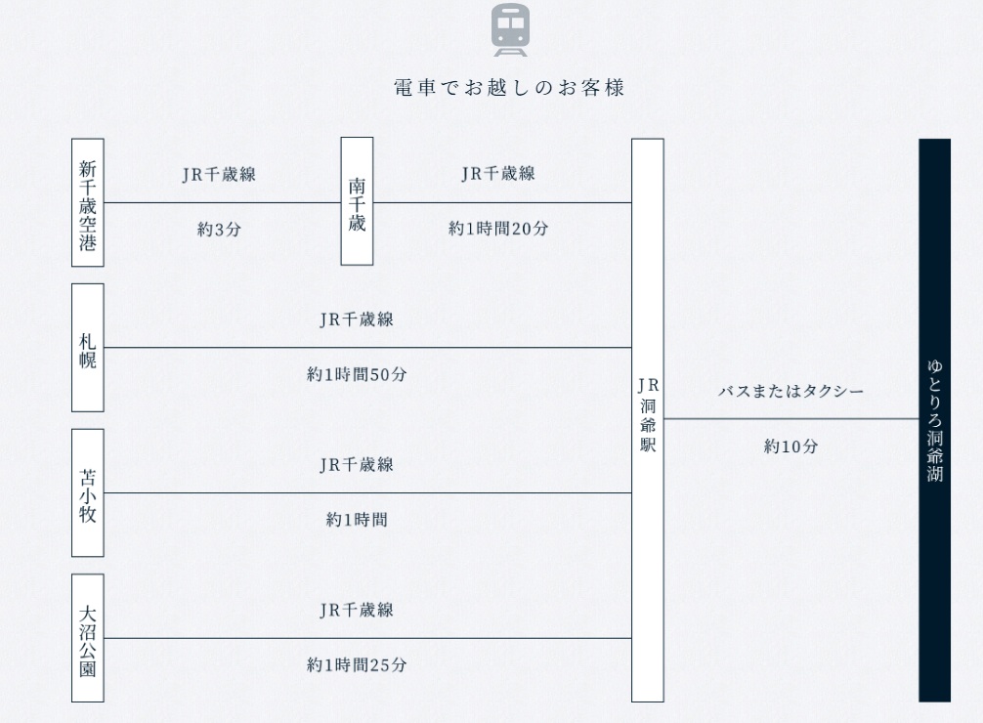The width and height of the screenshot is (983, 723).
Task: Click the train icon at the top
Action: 510,29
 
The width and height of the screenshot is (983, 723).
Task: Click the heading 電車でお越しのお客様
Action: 509,88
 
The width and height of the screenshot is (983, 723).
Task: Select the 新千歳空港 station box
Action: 88,202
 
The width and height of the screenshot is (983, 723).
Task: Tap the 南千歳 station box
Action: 357,201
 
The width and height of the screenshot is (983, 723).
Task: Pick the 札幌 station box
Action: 88,348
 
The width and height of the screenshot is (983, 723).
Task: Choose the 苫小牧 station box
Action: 88,492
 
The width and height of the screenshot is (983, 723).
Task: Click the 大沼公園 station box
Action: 88,638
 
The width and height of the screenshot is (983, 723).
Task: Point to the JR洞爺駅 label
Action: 648,414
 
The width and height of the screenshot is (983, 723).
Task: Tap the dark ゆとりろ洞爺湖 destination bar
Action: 935,420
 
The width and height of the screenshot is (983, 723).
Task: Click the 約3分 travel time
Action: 219,230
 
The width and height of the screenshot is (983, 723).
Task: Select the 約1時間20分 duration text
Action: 497,229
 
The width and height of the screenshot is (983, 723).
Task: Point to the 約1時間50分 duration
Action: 357,374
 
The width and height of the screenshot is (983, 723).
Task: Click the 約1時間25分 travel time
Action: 357,664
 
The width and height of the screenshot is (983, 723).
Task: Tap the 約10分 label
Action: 791,447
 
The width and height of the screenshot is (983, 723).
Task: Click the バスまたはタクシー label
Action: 791,391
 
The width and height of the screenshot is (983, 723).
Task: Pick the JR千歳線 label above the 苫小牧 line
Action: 357,465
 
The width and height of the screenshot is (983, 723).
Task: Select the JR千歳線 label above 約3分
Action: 219,174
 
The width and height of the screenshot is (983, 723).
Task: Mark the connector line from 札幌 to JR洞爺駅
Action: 368,348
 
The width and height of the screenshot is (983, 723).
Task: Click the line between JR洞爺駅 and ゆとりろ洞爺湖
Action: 791,419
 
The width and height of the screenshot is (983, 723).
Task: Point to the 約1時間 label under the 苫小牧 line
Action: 357,520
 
